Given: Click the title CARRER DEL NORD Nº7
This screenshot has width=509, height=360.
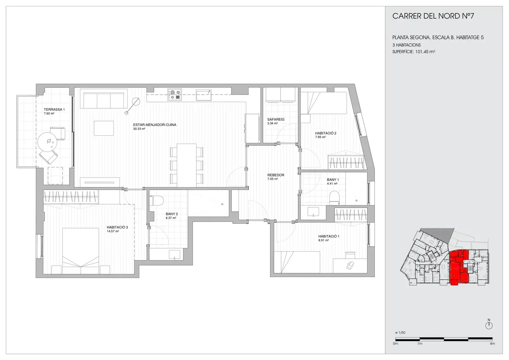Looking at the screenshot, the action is (x=433, y=16).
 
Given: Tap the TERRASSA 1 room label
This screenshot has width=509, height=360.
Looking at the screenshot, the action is (x=54, y=109).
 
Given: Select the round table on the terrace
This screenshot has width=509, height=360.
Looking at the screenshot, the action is (x=47, y=142).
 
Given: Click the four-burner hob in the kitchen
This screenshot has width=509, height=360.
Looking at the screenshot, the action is (x=175, y=95).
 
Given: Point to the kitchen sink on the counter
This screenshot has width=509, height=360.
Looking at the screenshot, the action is (x=204, y=95).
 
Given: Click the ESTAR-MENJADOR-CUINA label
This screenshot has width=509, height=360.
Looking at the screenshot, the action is (x=155, y=125).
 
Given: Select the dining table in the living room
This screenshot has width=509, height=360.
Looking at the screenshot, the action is (x=187, y=165).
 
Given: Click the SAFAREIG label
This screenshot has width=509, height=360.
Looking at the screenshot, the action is (x=275, y=119).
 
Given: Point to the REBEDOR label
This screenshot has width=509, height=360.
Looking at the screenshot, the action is (x=275, y=175).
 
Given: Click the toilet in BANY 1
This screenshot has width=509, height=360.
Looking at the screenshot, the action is (x=334, y=197).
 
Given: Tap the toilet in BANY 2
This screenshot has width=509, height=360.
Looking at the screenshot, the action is (x=158, y=200).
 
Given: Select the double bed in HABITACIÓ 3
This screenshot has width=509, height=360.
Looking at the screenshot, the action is (x=81, y=251).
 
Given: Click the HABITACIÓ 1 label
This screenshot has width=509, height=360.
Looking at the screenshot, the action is (x=328, y=236).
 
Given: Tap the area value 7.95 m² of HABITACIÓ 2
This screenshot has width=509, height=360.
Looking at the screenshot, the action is (x=320, y=137).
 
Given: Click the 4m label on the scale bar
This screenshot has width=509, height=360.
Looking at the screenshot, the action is (x=492, y=344).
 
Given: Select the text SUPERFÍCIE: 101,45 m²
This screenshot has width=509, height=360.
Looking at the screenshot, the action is (x=414, y=52).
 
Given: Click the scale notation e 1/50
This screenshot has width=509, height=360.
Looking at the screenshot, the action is (x=400, y=332).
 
